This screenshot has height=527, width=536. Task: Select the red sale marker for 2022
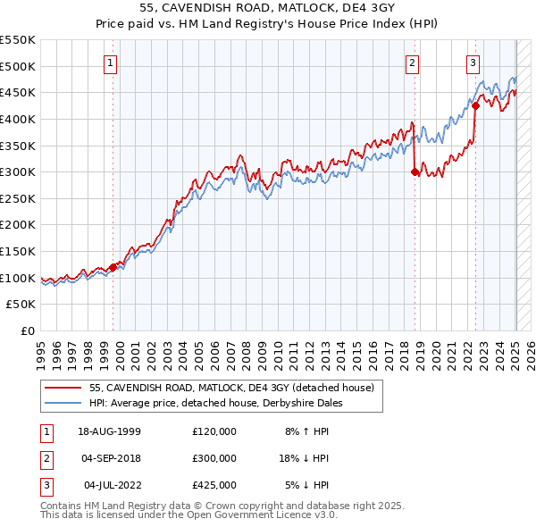point(476,105)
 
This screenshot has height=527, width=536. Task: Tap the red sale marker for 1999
point(113,266)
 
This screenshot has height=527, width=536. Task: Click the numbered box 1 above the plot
point(110,63)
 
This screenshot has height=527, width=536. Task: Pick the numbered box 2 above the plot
point(412,63)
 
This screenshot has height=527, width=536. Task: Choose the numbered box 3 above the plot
point(473,63)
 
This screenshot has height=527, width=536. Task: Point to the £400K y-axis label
point(18,119)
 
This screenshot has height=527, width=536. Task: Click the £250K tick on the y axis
point(18,225)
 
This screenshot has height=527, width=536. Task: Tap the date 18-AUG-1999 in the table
point(110,431)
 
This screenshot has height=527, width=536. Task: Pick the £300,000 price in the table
point(214,458)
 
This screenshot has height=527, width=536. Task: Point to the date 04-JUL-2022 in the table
point(110,485)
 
